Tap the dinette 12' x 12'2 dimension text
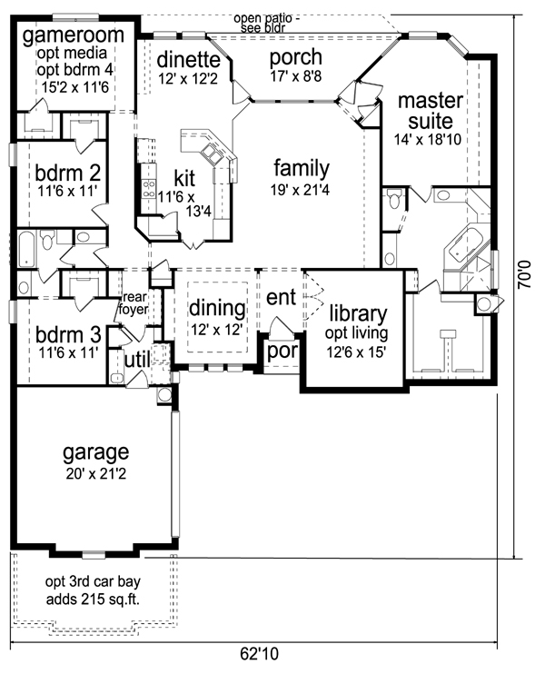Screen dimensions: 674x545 pyautogui.click(x=189, y=79)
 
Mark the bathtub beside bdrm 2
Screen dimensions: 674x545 pyautogui.click(x=25, y=248)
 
